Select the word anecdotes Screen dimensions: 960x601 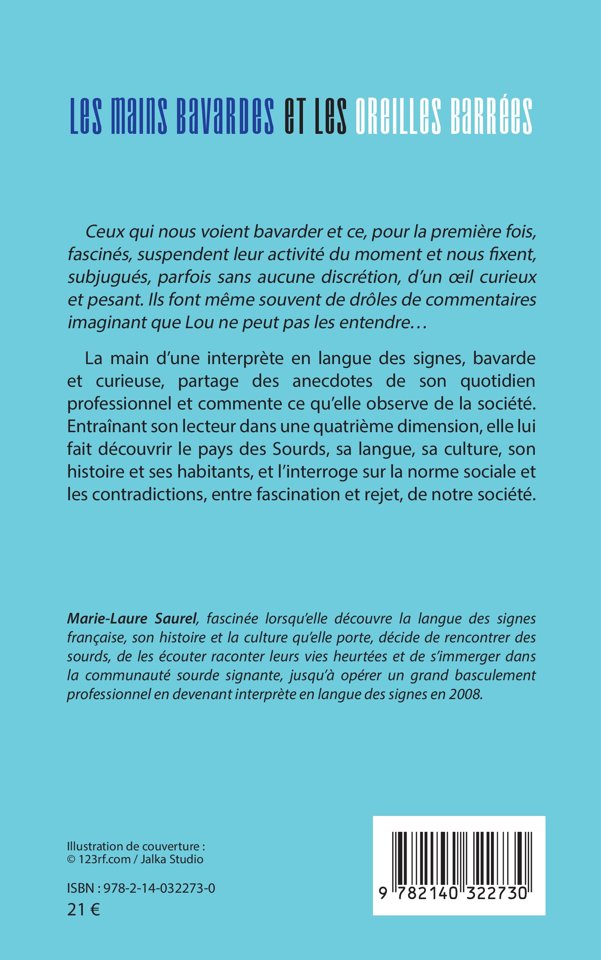click(x=332, y=381)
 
